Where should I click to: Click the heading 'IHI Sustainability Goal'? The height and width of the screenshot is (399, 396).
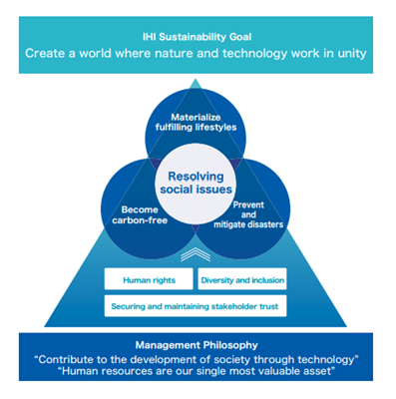point(198,32)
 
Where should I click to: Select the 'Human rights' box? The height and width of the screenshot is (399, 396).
point(149,280)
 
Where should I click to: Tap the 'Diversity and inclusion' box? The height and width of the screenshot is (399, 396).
point(243,280)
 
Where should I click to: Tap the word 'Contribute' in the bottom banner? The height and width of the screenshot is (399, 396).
point(87,357)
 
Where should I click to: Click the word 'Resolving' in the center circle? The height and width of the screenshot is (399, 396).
point(198,177)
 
